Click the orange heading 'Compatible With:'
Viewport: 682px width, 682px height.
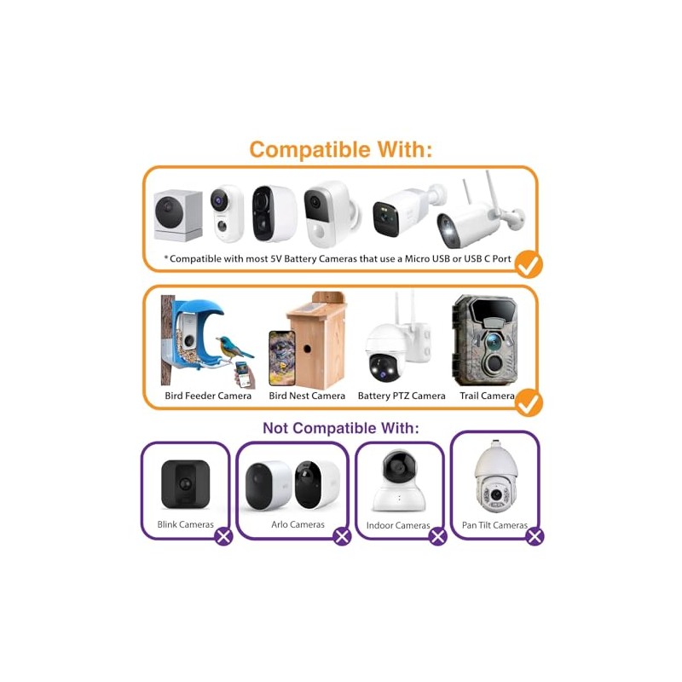click(340, 150)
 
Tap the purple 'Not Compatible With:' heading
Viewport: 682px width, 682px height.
click(340, 428)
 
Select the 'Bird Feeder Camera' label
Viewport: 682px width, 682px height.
click(208, 396)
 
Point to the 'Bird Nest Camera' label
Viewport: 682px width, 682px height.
click(307, 396)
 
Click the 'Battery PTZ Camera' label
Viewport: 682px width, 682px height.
click(402, 396)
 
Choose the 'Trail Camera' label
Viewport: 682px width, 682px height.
click(487, 396)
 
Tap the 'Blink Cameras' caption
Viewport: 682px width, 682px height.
click(185, 524)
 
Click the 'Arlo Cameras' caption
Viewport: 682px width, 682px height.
click(298, 524)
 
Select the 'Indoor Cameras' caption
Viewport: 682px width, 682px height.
click(398, 525)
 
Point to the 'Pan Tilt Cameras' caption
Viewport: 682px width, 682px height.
click(494, 525)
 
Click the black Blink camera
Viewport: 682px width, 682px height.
click(185, 484)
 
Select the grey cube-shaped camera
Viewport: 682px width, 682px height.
click(178, 216)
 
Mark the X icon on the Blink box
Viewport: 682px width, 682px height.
click(223, 536)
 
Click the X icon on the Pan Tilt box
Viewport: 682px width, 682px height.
click(535, 536)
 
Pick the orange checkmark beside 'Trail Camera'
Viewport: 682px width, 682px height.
click(529, 403)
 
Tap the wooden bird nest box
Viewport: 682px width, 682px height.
click(316, 339)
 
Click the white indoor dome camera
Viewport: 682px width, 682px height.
click(399, 481)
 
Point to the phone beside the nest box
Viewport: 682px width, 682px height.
click(282, 358)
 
